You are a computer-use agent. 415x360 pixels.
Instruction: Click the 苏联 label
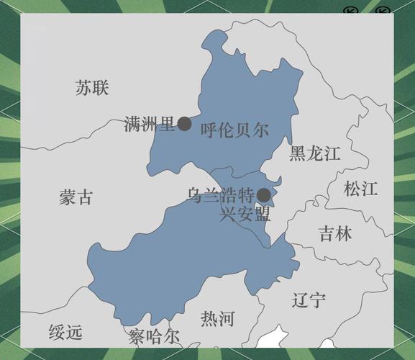91,88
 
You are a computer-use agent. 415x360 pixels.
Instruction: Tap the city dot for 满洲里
185,124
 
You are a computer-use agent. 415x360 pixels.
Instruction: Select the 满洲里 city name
150,124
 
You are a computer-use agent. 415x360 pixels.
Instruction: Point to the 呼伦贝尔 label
234,130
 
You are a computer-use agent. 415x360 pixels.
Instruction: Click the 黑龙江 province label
315,153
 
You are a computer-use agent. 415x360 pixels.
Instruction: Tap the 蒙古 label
76,197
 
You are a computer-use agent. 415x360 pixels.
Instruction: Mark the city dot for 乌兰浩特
264,195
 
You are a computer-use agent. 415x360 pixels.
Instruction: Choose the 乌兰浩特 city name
222,195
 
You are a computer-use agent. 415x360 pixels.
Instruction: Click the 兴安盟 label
245,214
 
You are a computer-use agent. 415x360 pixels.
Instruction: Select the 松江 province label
360,189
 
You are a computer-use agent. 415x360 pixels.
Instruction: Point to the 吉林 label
335,233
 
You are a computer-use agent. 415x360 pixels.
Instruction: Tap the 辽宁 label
309,300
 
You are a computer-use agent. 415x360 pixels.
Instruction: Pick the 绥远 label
65,332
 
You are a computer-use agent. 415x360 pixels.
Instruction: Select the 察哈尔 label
154,336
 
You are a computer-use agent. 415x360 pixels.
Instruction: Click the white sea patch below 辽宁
273,338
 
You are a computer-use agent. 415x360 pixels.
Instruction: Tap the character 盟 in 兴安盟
263,214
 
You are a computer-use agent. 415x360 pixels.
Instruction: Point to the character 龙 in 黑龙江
315,153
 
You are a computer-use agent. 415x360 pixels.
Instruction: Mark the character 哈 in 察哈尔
154,336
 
